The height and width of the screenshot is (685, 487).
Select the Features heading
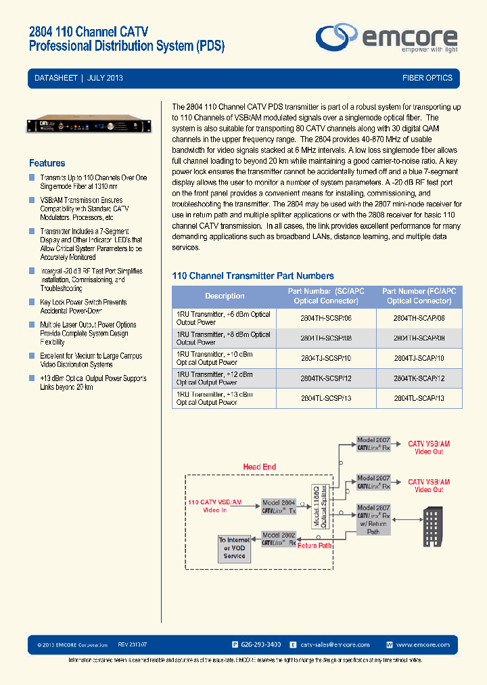coord(47,163)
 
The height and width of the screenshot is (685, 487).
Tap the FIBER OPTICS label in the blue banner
coord(427,79)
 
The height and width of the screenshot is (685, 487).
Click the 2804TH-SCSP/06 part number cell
coord(325,318)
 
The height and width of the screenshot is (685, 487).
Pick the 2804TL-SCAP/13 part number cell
coord(419,398)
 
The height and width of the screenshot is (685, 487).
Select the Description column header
coord(225,296)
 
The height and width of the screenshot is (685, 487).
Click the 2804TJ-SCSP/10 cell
coord(325,358)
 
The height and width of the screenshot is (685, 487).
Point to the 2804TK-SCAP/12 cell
coord(419,378)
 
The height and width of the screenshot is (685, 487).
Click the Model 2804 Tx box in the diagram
coord(279,507)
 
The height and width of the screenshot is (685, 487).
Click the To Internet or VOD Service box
coord(234,548)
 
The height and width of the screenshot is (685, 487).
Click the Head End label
coord(259,467)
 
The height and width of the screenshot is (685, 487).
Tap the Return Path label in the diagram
coord(315,545)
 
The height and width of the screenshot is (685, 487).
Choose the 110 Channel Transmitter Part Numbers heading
coord(253,275)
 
